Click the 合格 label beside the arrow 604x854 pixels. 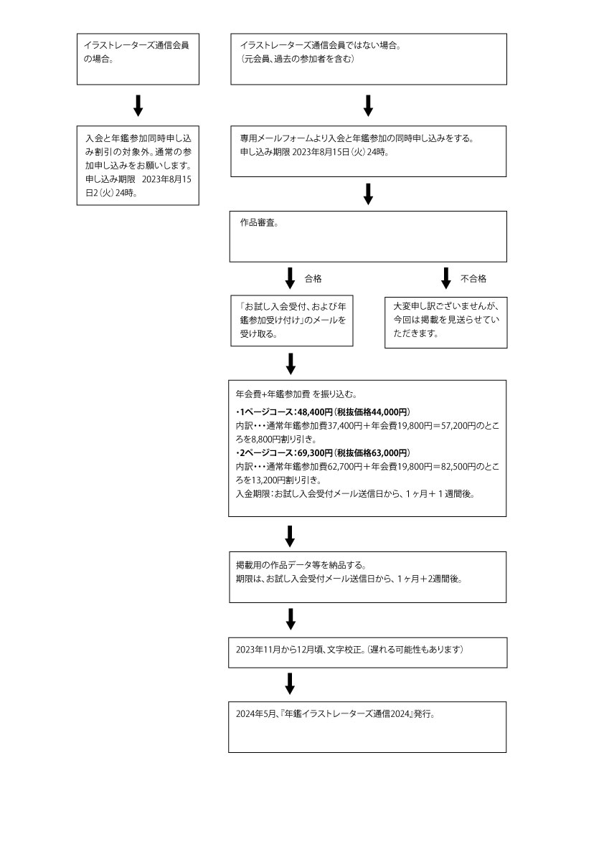pyautogui.click(x=313, y=279)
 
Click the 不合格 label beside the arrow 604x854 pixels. pyautogui.click(x=473, y=279)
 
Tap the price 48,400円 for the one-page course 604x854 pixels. pyautogui.click(x=315, y=412)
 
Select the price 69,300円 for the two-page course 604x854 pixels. pyautogui.click(x=315, y=452)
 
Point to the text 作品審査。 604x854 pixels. pyautogui.click(x=259, y=223)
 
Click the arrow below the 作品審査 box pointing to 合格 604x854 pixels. pyautogui.click(x=291, y=277)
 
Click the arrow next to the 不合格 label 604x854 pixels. pyautogui.click(x=446, y=277)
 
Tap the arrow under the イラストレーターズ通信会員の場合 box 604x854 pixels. pyautogui.click(x=138, y=105)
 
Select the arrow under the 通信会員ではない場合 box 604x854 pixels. pyautogui.click(x=368, y=105)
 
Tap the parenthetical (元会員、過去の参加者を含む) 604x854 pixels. pyautogui.click(x=298, y=59)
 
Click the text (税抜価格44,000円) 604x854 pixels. pyautogui.click(x=372, y=412)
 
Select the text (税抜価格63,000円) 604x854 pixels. pyautogui.click(x=372, y=452)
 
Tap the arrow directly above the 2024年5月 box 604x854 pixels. pyautogui.click(x=290, y=684)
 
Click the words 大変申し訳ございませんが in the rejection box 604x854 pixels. pyautogui.click(x=446, y=306)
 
